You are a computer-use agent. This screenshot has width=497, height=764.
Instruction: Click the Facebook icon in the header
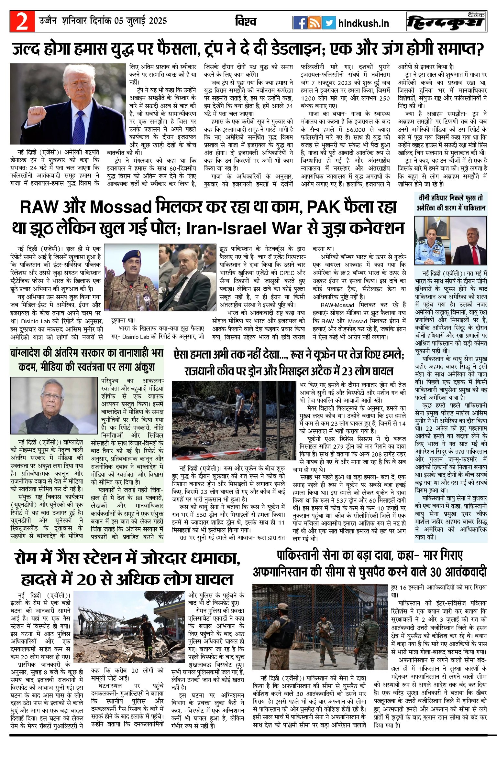pos(300,23)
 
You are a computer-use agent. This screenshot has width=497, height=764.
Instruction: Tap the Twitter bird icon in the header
pos(328,23)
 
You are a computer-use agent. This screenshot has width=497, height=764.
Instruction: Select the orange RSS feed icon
pos(314,23)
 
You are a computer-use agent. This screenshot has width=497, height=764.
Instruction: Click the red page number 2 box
pos(22,21)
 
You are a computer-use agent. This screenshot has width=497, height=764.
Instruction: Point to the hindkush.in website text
pos(364,23)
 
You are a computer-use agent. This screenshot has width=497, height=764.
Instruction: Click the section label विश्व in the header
pos(246,22)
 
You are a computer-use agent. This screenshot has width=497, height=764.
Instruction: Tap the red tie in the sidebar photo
pos(475,255)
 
